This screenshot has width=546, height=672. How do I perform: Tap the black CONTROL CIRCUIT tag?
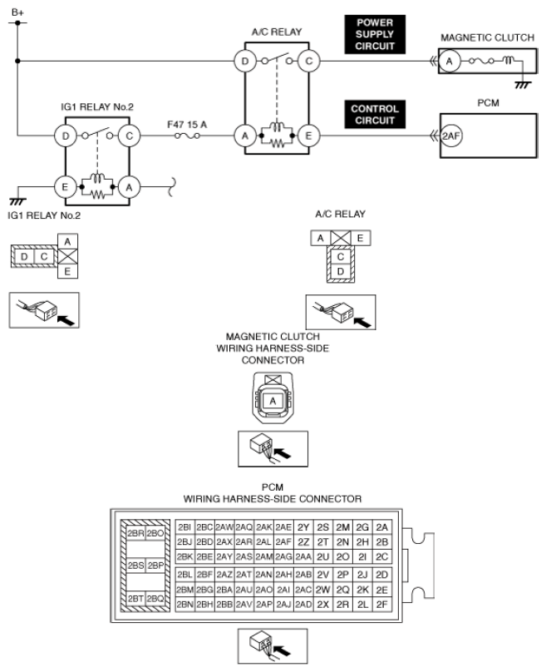click(x=375, y=115)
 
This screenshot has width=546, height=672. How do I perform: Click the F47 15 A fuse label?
click(x=185, y=123)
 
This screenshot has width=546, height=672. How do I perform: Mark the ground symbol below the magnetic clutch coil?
click(x=521, y=84)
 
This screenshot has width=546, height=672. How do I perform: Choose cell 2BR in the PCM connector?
click(x=135, y=532)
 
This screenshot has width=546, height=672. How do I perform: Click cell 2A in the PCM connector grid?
click(x=381, y=526)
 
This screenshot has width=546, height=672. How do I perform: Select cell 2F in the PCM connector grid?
click(x=381, y=604)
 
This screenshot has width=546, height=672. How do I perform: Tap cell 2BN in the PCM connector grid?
click(x=184, y=604)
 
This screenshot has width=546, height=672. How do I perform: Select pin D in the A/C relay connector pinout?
click(x=340, y=271)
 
